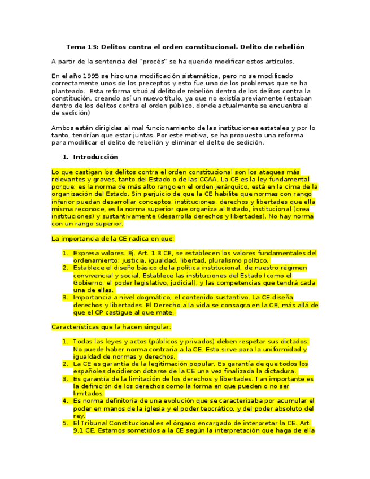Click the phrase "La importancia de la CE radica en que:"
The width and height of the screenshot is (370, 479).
pos(113,238)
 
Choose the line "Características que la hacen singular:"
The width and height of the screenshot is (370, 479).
pos(111,326)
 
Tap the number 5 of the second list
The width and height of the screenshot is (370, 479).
pos(65,423)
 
